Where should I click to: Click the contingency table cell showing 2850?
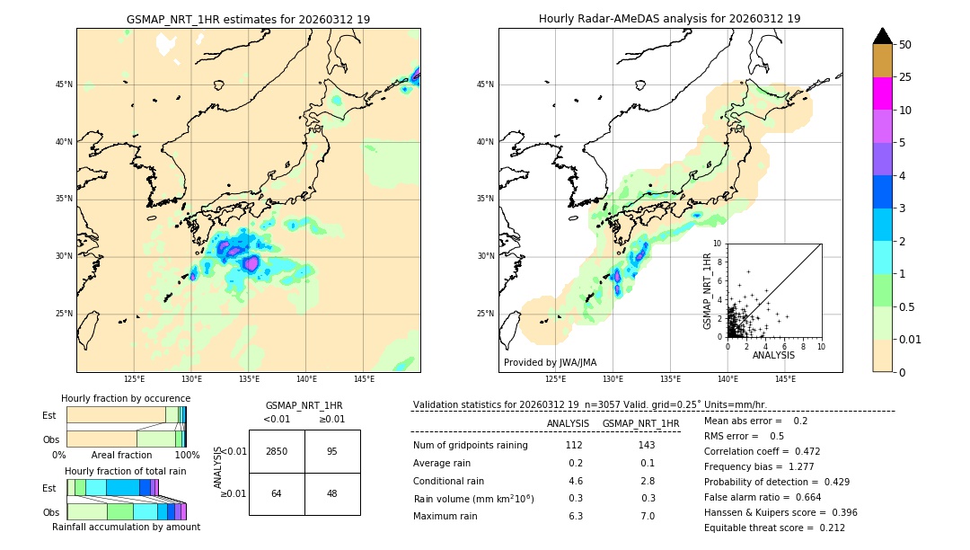coord(277,451)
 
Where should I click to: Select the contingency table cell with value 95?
coord(332,451)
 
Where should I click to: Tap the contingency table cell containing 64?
coord(277,493)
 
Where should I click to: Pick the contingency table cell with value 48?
coord(332,493)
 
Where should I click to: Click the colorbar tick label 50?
coord(905,45)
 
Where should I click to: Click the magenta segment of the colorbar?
coord(882,93)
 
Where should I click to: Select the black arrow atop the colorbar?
coord(882,36)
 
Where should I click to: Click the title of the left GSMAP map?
coord(248,19)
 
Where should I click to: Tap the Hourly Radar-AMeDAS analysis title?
coord(670,19)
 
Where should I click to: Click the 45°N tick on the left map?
coord(64,84)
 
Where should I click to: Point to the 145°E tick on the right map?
coord(785,379)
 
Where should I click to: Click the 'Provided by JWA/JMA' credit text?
coord(550,363)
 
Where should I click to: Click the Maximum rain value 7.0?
coord(647,516)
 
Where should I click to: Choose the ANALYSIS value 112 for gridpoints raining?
coord(574,446)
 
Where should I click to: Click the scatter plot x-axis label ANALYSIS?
coord(773,355)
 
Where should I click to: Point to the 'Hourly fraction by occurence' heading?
coord(126,398)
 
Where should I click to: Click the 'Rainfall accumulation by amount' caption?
coord(126,528)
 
